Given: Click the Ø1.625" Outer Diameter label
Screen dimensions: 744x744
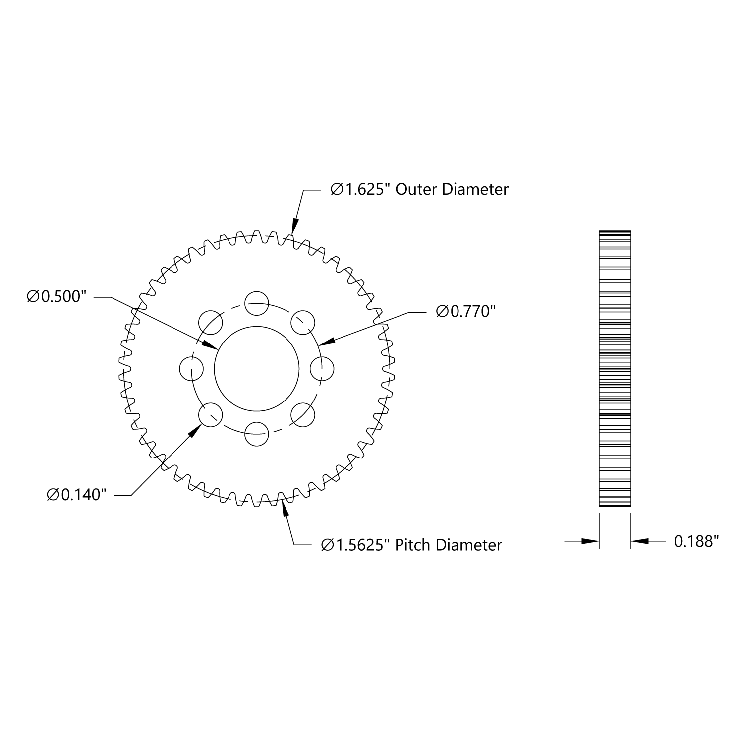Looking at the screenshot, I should (x=419, y=189).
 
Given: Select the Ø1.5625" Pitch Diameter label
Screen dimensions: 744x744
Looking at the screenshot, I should (x=411, y=545).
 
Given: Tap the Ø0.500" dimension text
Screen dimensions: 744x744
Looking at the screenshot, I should (x=57, y=297).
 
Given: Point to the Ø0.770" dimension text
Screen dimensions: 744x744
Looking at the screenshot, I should (x=466, y=312).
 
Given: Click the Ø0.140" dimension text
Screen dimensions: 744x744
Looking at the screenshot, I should (x=77, y=495).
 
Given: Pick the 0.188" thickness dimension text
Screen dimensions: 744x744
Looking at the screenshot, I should (x=696, y=541).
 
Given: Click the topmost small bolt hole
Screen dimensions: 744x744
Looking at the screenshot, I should (x=257, y=303).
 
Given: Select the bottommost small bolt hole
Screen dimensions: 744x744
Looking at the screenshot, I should (x=257, y=434).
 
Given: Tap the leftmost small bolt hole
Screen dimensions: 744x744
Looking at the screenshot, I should (x=191, y=368).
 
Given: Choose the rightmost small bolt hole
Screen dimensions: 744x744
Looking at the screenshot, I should (x=322, y=368).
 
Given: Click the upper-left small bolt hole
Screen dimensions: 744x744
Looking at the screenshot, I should (x=210, y=322).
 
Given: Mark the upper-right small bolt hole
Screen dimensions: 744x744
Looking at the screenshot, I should (x=303, y=322).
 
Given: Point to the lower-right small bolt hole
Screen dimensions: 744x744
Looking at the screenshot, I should (x=303, y=415).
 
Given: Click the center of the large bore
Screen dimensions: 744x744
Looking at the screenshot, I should (x=257, y=368).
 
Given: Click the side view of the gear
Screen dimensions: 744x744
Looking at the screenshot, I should (x=615, y=369).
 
